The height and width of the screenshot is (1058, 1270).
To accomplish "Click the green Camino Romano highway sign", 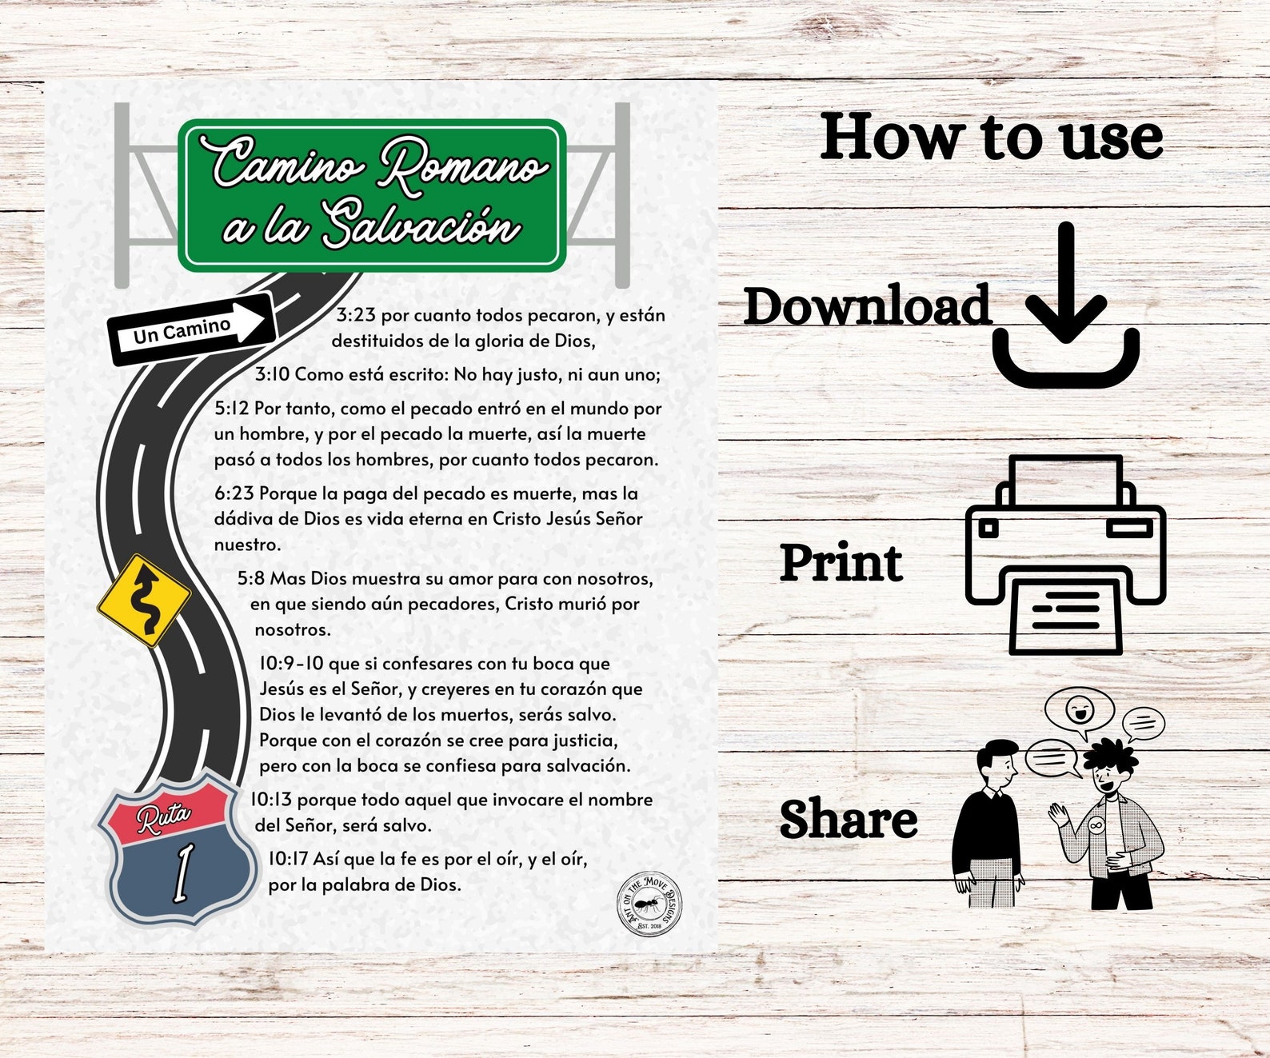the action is click(x=372, y=195).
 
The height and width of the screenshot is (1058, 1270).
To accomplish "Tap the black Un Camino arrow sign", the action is click(x=192, y=329).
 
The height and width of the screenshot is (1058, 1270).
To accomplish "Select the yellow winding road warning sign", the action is click(x=144, y=601).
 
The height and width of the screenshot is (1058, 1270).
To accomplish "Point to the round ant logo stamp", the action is click(x=649, y=904).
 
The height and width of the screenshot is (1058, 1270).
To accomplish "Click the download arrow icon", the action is click(x=1065, y=305).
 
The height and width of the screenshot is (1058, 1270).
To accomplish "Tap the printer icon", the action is click(x=1065, y=555).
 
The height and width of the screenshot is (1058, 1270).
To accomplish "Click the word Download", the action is click(x=868, y=306).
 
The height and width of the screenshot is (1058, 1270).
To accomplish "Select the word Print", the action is click(x=841, y=563).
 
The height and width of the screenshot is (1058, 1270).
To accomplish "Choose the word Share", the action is click(x=849, y=819).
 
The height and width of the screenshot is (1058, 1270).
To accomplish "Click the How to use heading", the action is click(x=992, y=137).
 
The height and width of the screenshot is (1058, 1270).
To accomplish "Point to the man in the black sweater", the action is click(x=987, y=825).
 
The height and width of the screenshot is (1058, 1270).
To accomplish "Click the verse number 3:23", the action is click(x=357, y=315).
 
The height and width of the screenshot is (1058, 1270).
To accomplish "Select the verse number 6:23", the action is click(x=234, y=493).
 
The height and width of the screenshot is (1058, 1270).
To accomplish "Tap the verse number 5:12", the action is click(x=232, y=408).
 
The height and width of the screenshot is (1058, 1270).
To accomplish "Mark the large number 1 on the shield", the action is click(x=182, y=873).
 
